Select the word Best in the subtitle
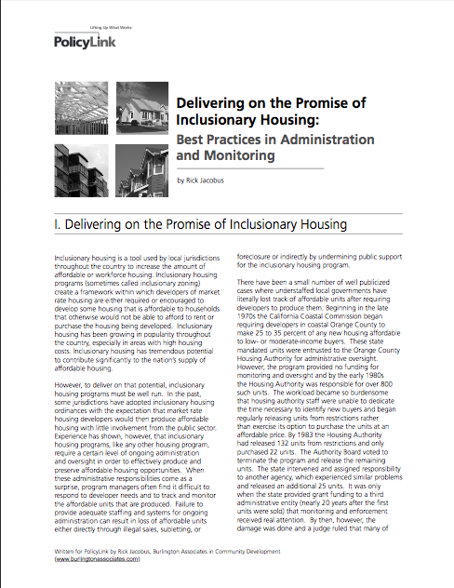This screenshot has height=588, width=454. tap(194, 141)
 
